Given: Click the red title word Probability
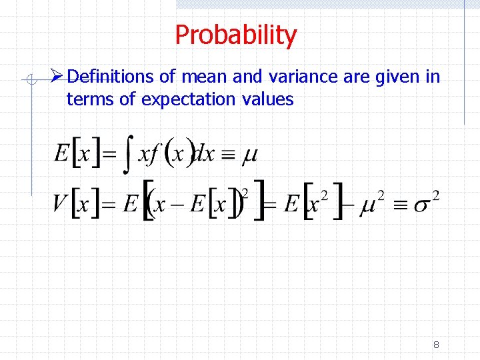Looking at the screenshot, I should pyautogui.click(x=235, y=35).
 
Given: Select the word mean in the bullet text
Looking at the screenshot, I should pyautogui.click(x=205, y=77).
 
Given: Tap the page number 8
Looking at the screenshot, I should pyautogui.click(x=436, y=345).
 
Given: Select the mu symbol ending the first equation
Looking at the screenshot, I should pyautogui.click(x=249, y=156).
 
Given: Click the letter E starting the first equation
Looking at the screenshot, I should pyautogui.click(x=62, y=154).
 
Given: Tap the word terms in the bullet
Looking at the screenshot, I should pyautogui.click(x=87, y=100).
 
